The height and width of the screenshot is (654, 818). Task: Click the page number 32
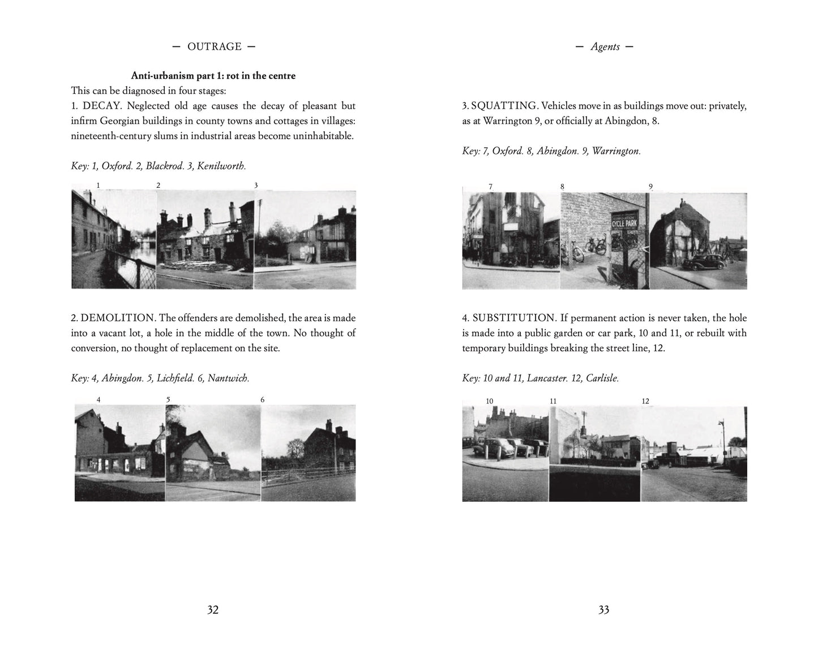click(x=213, y=609)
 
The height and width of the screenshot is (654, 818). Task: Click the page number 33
click(x=603, y=609)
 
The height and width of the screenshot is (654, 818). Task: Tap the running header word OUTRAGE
click(x=215, y=47)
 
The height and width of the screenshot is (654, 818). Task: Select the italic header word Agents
click(x=605, y=47)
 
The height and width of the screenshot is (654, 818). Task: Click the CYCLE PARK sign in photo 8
click(x=624, y=222)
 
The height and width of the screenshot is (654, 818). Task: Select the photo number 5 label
click(x=168, y=399)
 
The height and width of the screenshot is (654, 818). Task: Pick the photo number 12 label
click(x=645, y=401)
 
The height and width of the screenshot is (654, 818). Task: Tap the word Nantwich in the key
click(x=228, y=378)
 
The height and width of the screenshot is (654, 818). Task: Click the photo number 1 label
click(x=98, y=185)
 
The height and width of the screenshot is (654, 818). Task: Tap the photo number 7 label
click(x=490, y=187)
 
